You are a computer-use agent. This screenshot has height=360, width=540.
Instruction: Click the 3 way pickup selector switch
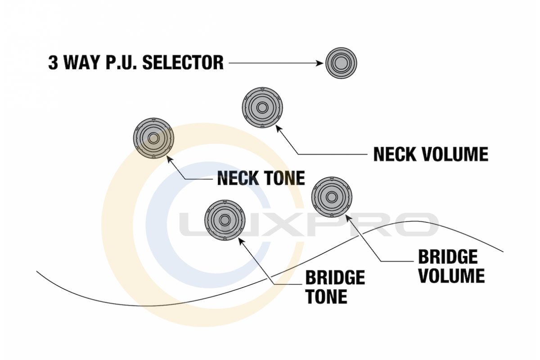(x=341, y=63)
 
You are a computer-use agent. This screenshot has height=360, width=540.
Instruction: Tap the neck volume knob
(x=262, y=108)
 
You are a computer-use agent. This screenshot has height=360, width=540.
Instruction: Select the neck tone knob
(x=153, y=139)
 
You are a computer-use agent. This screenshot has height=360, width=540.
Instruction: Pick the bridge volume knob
(x=332, y=197)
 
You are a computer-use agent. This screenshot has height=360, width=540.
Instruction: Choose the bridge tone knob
(x=225, y=220)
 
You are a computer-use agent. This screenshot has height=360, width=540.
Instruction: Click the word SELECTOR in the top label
(x=183, y=63)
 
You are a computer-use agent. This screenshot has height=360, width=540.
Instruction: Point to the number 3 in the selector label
(x=53, y=63)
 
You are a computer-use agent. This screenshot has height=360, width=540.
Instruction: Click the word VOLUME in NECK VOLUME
(x=457, y=154)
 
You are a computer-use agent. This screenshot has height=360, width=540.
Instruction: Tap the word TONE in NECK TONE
(x=283, y=178)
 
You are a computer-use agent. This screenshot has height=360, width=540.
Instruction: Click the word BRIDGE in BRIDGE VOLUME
(x=448, y=257)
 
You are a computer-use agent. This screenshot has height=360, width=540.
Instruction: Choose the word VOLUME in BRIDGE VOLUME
(x=451, y=276)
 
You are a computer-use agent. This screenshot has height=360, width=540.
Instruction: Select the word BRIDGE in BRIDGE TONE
(x=335, y=278)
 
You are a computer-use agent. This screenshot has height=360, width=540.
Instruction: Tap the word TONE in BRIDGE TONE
(x=326, y=297)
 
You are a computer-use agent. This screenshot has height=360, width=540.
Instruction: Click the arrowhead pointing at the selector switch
(x=321, y=63)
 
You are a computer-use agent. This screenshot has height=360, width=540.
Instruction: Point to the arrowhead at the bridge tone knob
(x=240, y=240)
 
